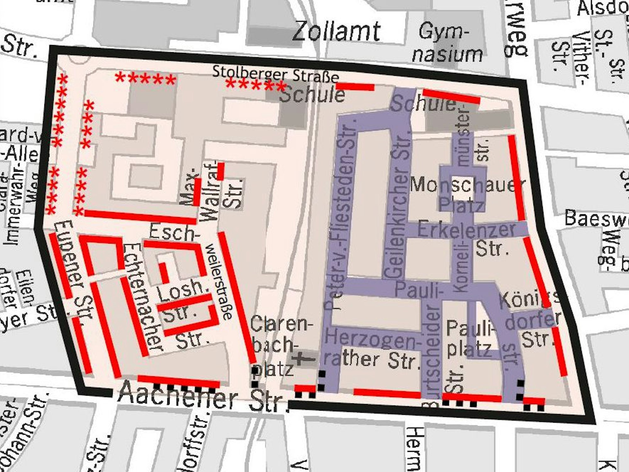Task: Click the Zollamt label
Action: (x=336, y=31)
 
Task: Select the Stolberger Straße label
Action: (x=276, y=74)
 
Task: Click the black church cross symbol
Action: (x=302, y=358)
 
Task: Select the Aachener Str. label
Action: (x=201, y=398)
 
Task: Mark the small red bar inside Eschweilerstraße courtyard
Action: (x=164, y=273)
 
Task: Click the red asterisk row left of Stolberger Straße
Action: (x=145, y=79)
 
